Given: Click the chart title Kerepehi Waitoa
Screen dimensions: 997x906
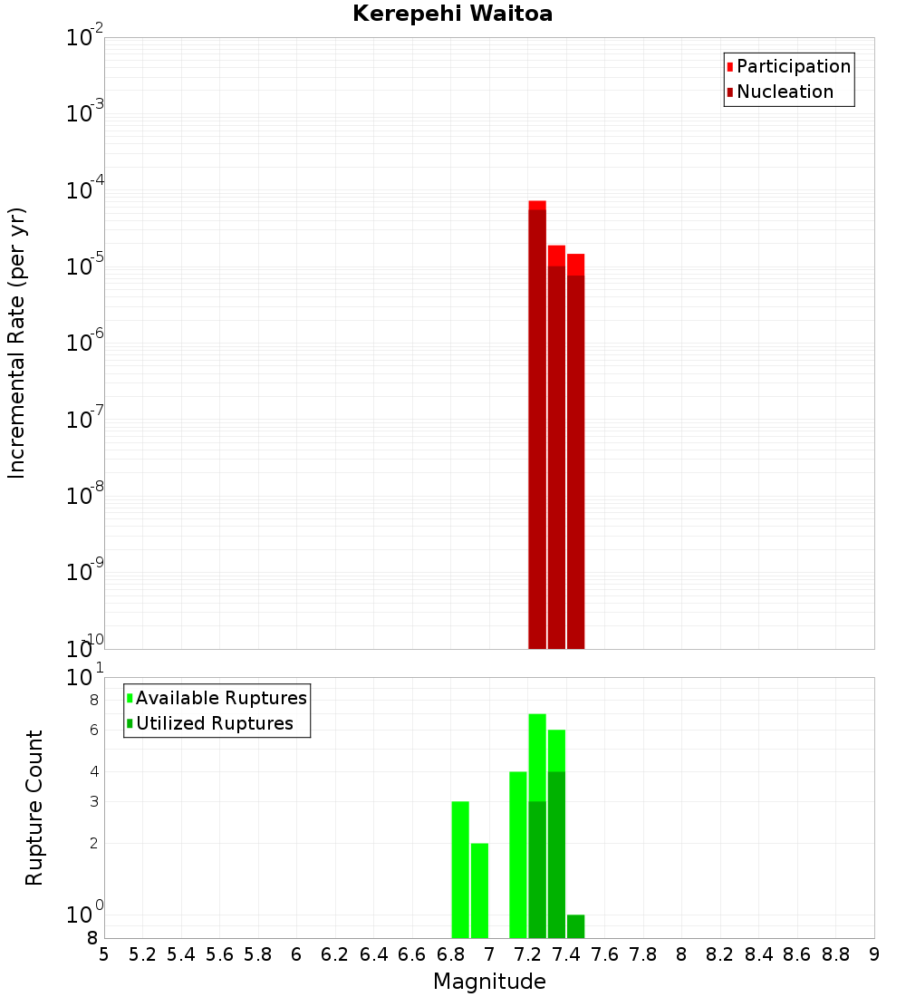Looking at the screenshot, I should click(x=452, y=14).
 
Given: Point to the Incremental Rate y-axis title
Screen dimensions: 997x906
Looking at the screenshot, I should click(x=17, y=344).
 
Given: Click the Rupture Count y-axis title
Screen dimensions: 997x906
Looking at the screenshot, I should click(x=34, y=808).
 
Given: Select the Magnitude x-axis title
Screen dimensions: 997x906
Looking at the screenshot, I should click(x=489, y=982).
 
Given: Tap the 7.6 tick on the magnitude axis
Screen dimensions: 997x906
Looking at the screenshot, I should click(x=605, y=954).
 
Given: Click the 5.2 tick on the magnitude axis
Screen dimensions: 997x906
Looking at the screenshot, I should click(x=143, y=954).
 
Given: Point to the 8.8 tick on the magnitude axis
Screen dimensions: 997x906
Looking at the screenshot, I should click(x=836, y=954).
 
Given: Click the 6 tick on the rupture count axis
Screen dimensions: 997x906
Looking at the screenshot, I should click(x=92, y=730).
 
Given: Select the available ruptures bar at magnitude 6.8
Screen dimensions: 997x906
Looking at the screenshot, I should click(x=460, y=870).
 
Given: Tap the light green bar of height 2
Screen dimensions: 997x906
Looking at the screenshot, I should click(x=479, y=891).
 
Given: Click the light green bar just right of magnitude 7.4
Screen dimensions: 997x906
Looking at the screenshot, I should click(x=576, y=926).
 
